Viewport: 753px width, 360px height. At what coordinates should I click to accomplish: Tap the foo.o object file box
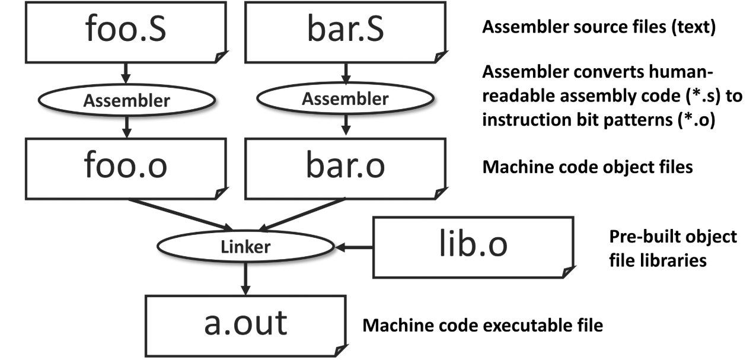pos(125,168)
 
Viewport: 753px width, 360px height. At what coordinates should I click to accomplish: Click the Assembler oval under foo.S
pos(125,100)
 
